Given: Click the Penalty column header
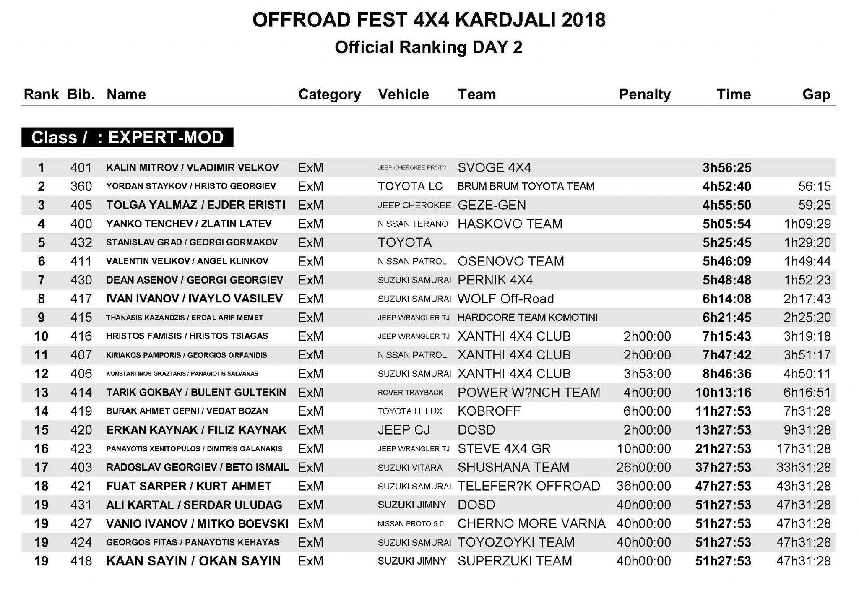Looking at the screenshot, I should (x=645, y=94).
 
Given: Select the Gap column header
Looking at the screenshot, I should (x=816, y=94).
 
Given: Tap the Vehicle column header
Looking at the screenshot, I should (x=403, y=94).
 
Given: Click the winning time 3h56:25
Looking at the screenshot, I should (x=726, y=168).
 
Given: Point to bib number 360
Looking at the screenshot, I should (x=81, y=186).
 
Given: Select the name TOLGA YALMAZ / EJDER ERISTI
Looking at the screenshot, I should (x=195, y=205).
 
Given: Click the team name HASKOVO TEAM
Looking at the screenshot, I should (x=510, y=224).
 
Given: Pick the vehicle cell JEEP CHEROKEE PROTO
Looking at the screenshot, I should (x=412, y=168).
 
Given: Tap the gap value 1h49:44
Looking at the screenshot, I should (x=807, y=261).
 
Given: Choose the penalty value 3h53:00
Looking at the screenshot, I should (x=647, y=374).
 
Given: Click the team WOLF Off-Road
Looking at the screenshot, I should (x=505, y=299).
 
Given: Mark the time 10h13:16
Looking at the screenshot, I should (x=723, y=393).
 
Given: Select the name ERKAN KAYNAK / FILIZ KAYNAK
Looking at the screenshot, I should (x=196, y=430).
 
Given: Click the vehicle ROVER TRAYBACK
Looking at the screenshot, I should (x=410, y=393).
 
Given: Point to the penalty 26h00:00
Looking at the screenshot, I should (x=643, y=467).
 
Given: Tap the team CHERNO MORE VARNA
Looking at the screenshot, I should (x=531, y=523).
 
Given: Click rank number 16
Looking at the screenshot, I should (x=41, y=449).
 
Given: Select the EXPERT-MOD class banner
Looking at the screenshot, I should (x=127, y=138).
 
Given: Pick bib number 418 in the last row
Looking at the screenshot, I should (x=81, y=561).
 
